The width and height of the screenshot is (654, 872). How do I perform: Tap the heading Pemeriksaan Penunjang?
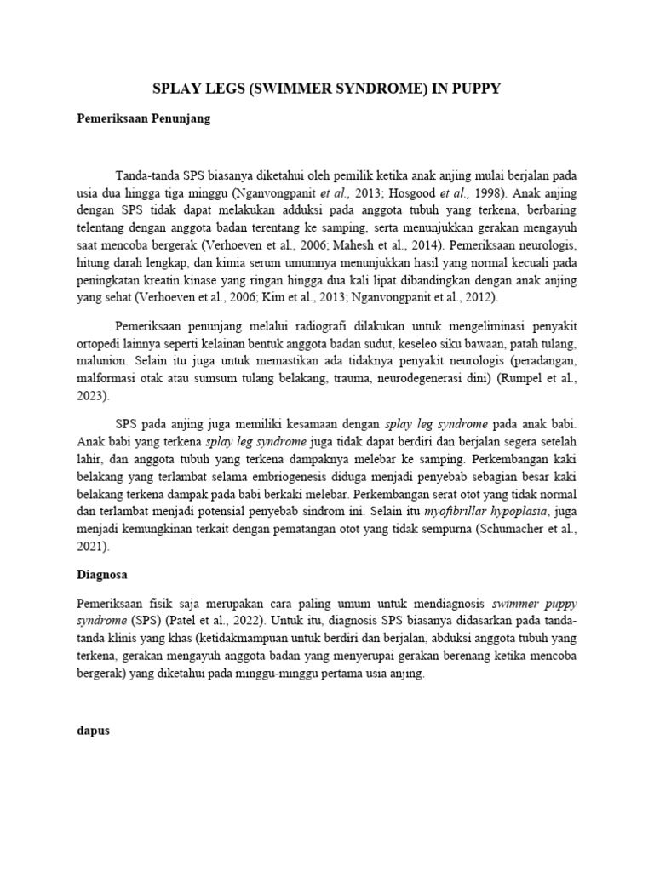click(x=144, y=119)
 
